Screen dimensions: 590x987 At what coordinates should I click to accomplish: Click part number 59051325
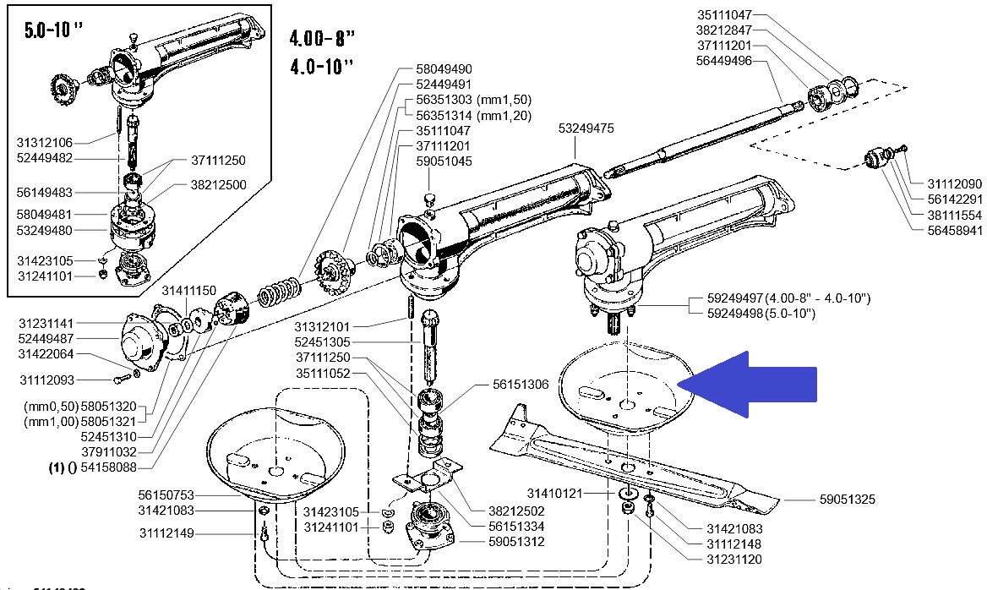click(x=847, y=500)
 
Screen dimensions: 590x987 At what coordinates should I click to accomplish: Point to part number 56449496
click(x=724, y=60)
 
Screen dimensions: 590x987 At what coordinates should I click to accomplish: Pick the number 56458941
click(x=955, y=230)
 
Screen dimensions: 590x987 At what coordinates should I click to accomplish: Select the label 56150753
click(x=166, y=495)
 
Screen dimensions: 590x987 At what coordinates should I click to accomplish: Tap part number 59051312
click(x=516, y=542)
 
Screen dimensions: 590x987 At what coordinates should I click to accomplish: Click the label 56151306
click(x=521, y=385)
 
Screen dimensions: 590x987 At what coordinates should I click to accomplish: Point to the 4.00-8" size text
click(x=321, y=39)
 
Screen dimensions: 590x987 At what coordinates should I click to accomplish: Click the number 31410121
click(x=555, y=492)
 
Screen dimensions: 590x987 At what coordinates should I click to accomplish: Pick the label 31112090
click(x=955, y=183)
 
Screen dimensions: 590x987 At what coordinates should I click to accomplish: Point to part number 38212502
click(x=516, y=511)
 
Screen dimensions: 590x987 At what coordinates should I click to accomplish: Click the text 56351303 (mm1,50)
click(x=474, y=100)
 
